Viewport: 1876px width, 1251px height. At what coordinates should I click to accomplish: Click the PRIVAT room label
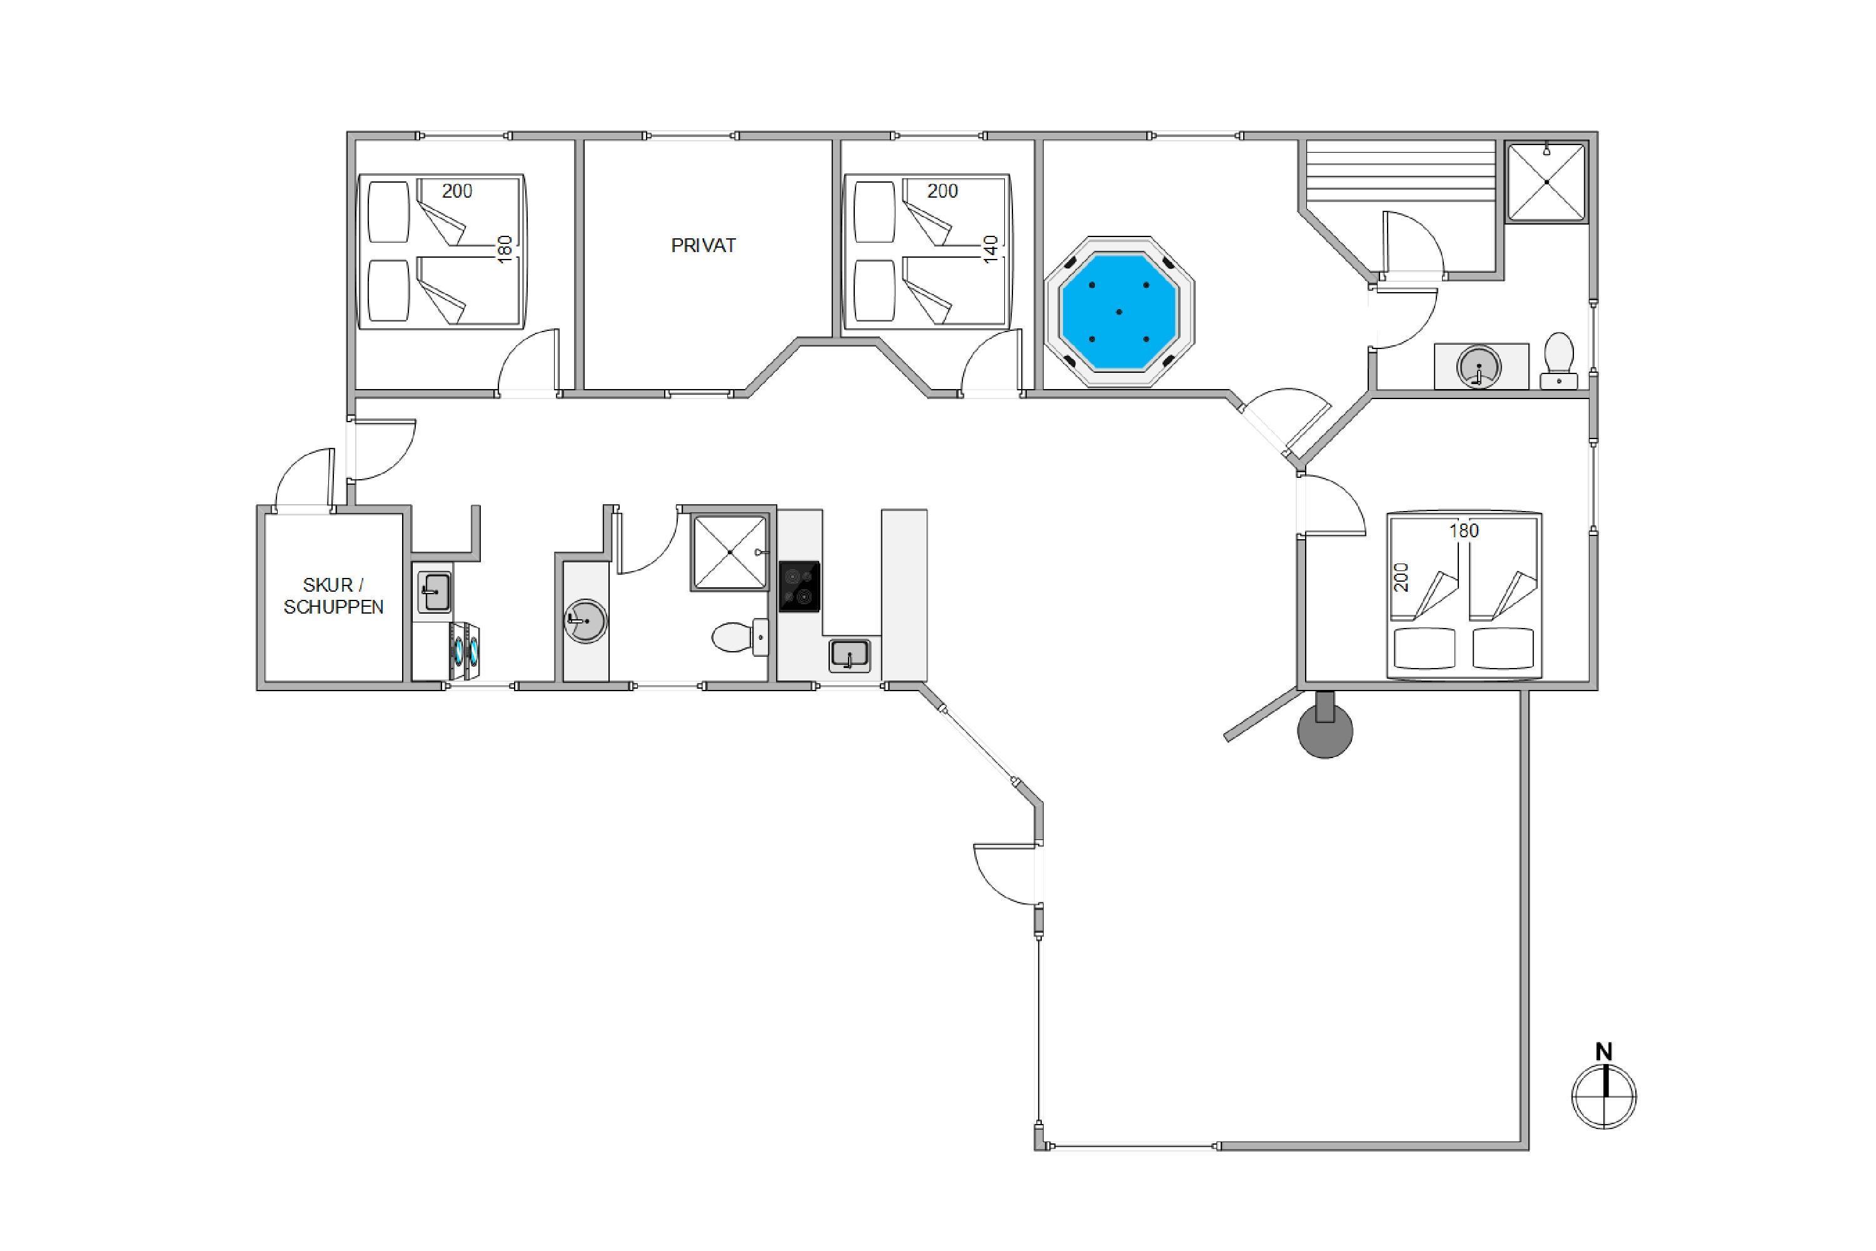point(703,246)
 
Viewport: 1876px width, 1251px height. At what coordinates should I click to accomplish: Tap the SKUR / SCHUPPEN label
point(333,596)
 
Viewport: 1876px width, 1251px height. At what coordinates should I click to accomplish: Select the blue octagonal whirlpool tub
point(1119,311)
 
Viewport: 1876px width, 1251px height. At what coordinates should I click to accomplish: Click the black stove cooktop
point(799,587)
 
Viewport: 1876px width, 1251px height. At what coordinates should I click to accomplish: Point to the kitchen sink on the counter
point(849,655)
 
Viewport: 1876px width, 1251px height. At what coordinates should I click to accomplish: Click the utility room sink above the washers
point(434,592)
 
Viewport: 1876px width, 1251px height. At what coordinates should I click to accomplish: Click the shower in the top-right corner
point(1546,182)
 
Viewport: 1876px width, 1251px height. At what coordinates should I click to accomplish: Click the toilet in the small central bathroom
point(739,637)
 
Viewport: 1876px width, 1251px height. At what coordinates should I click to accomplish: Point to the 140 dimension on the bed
point(991,249)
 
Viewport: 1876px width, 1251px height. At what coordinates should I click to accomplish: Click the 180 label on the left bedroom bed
point(504,249)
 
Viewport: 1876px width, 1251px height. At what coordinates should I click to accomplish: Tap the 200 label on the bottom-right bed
point(1401,577)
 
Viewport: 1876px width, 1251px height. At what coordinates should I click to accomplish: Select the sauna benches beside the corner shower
point(1400,171)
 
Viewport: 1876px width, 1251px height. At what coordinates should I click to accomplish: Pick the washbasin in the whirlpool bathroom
point(1480,367)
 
